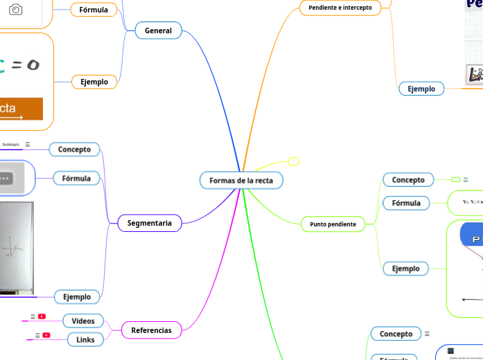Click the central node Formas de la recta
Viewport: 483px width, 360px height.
[x=241, y=181]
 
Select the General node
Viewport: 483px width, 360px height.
[x=158, y=30]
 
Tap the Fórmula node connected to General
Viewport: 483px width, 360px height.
[x=94, y=10]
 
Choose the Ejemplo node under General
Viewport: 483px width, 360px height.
[x=94, y=82]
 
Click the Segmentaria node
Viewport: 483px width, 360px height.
[x=149, y=223]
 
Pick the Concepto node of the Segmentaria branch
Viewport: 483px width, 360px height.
[x=74, y=149]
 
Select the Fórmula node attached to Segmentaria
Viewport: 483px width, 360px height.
[x=76, y=179]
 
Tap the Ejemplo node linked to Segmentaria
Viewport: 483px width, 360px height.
[x=77, y=297]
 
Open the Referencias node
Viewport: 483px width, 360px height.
[x=151, y=330]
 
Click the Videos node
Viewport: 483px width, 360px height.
[x=83, y=321]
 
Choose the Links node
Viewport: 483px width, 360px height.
[x=85, y=339]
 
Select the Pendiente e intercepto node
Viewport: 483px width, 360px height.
[x=340, y=8]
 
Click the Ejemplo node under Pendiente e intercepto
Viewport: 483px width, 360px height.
[x=421, y=89]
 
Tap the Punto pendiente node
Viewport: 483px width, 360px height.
[x=333, y=224]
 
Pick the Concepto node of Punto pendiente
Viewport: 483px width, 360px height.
[x=408, y=180]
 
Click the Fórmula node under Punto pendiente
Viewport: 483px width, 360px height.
[x=406, y=203]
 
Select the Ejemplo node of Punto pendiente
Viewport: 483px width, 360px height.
[x=405, y=269]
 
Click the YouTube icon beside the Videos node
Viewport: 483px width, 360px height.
[x=42, y=316]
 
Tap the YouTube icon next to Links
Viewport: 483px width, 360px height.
[x=46, y=335]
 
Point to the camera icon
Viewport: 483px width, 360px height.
[x=15, y=10]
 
